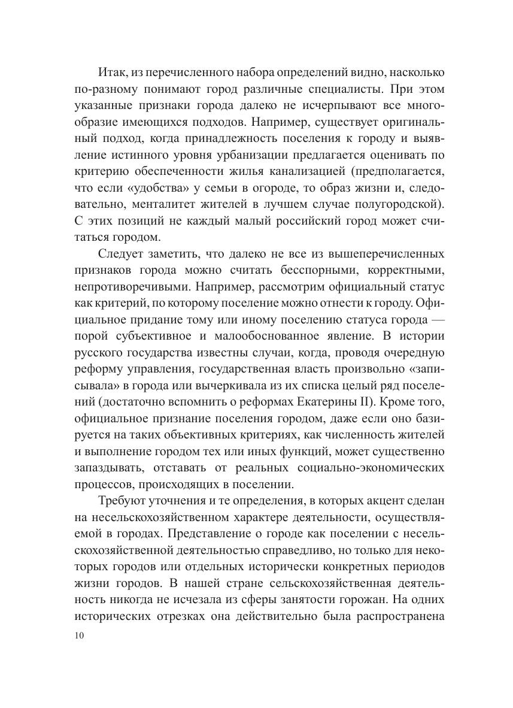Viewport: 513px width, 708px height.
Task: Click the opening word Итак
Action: [x=112, y=72]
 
